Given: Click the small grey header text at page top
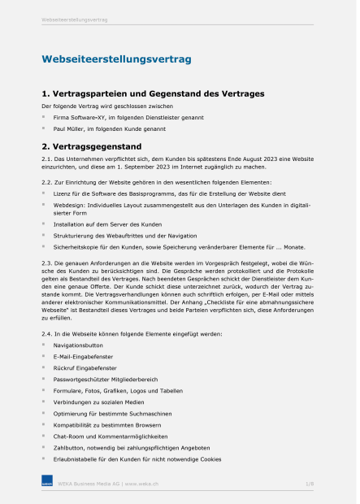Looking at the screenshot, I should [x=74, y=20].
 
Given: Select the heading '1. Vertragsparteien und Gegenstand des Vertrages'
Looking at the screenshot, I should [x=153, y=94].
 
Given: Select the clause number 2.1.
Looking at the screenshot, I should [x=47, y=159].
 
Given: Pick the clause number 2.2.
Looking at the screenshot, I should [x=47, y=181].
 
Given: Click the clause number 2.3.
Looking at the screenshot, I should [x=47, y=263].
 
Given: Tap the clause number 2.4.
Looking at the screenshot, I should [x=47, y=334].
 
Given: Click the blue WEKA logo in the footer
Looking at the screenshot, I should [x=47, y=484].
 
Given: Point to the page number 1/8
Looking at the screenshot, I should [x=310, y=484].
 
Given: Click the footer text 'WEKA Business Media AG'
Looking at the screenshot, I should [x=89, y=484].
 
